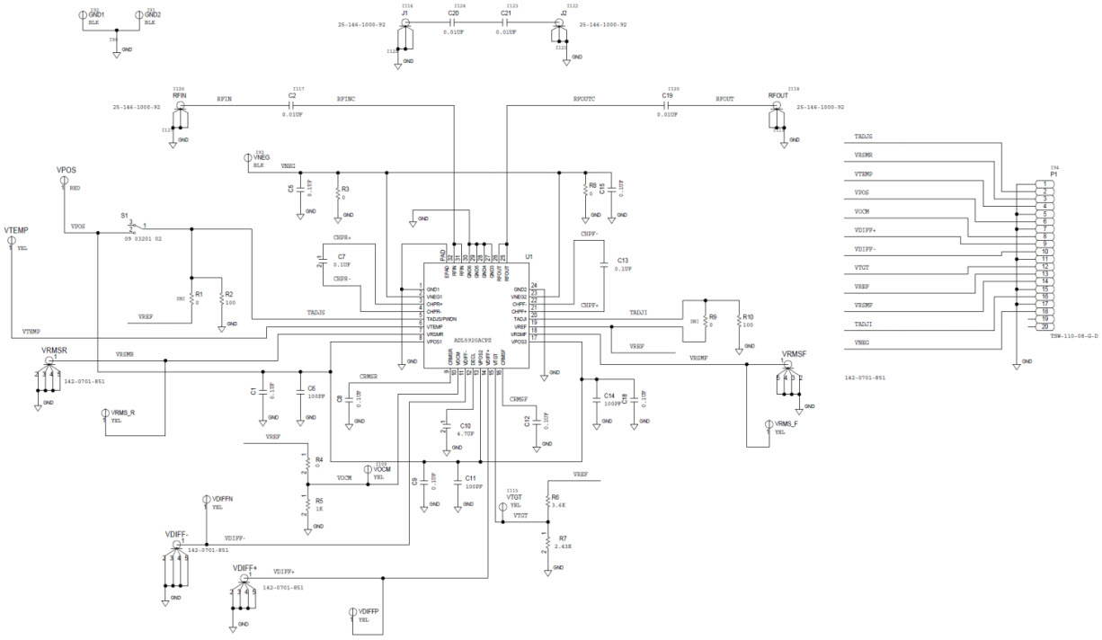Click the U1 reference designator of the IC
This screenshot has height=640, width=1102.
point(529,257)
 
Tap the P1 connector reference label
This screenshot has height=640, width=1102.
point(1053,174)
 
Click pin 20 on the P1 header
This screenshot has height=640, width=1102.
point(1046,326)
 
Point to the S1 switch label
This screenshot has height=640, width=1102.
point(125,216)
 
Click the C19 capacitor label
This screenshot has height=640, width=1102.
point(667,95)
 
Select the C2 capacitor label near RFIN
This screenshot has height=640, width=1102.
point(292,95)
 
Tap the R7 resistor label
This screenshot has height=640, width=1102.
point(562,537)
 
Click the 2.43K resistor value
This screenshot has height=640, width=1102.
point(564,547)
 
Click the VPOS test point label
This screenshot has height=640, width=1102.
point(67,169)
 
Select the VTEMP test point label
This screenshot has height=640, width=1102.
point(17,230)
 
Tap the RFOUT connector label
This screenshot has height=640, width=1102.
point(778,95)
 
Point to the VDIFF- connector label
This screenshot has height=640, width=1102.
point(175,535)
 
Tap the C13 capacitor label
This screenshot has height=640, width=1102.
point(623,259)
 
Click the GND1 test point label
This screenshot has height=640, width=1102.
point(96,15)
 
